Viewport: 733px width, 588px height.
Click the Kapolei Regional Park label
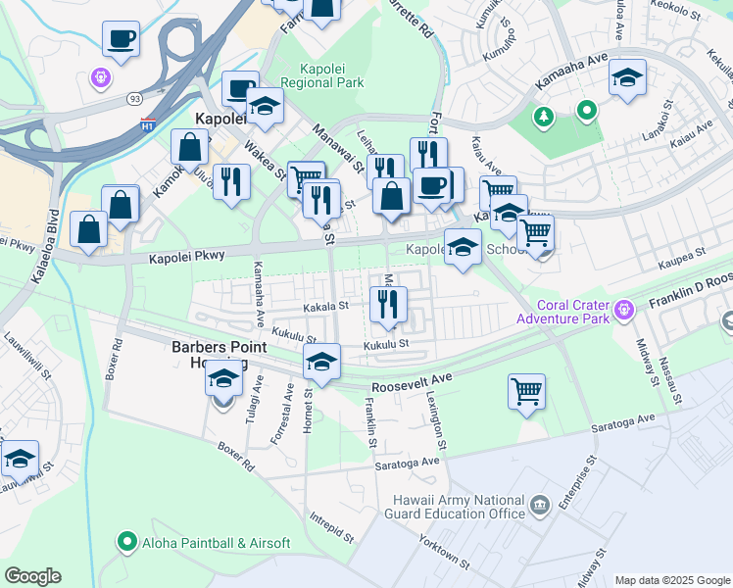pyautogui.click(x=321, y=74)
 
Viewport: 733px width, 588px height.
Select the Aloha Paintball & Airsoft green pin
pyautogui.click(x=125, y=541)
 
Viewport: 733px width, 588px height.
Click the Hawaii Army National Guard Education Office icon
pyautogui.click(x=539, y=506)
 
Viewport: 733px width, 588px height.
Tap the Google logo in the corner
pyautogui.click(x=32, y=575)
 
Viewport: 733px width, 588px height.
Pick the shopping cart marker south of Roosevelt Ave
pyautogui.click(x=527, y=391)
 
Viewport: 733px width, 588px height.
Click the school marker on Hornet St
pyautogui.click(x=320, y=362)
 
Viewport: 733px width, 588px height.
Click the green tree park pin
pyautogui.click(x=542, y=118)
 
